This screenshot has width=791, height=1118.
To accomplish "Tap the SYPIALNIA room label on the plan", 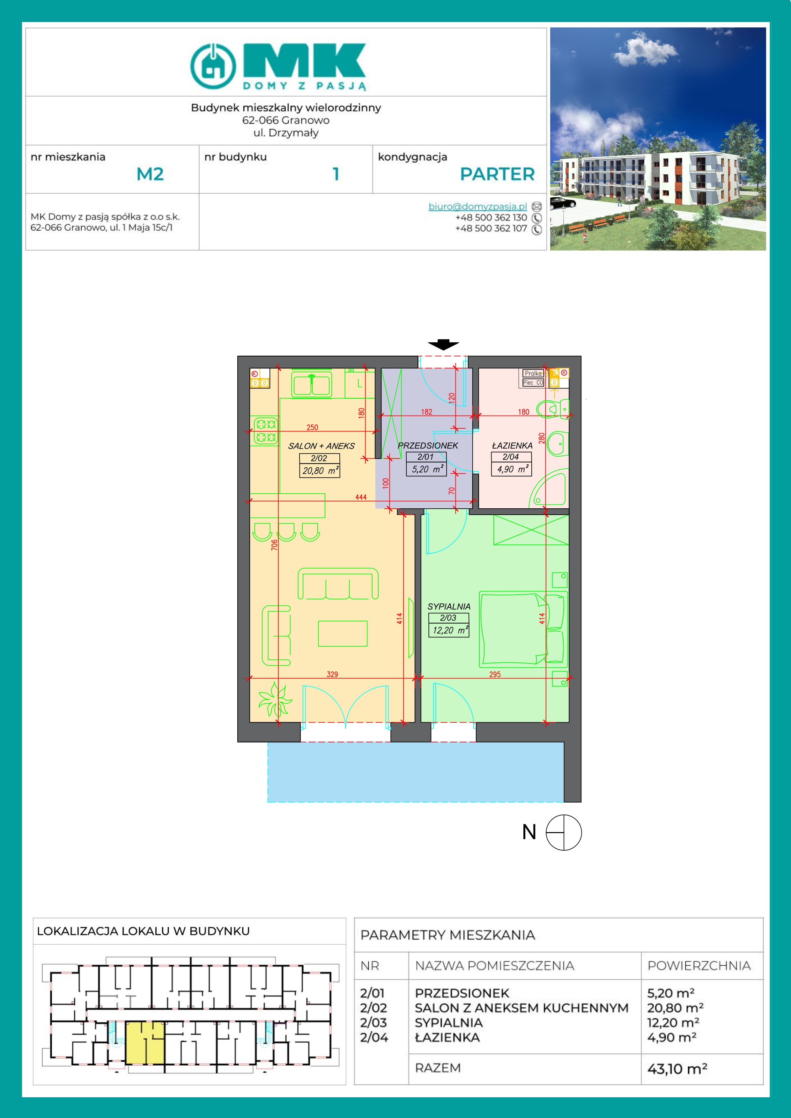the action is tap(449, 606).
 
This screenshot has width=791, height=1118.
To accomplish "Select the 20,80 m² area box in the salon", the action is tap(320, 470).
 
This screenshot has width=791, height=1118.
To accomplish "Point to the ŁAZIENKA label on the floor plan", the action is tap(512, 445).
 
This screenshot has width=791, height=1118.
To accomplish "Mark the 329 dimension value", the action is tap(332, 674).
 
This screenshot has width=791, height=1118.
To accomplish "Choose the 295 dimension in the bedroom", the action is tap(495, 674).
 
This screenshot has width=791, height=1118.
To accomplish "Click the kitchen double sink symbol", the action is tap(311, 384).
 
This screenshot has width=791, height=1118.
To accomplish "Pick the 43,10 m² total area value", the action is tap(677, 1069).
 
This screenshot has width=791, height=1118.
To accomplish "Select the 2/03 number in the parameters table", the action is tap(373, 1023).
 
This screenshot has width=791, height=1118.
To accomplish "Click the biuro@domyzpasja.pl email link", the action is tap(477, 207).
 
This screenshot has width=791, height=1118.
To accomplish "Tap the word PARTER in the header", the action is tap(497, 174).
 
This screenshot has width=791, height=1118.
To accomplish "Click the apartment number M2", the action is tap(150, 174).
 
